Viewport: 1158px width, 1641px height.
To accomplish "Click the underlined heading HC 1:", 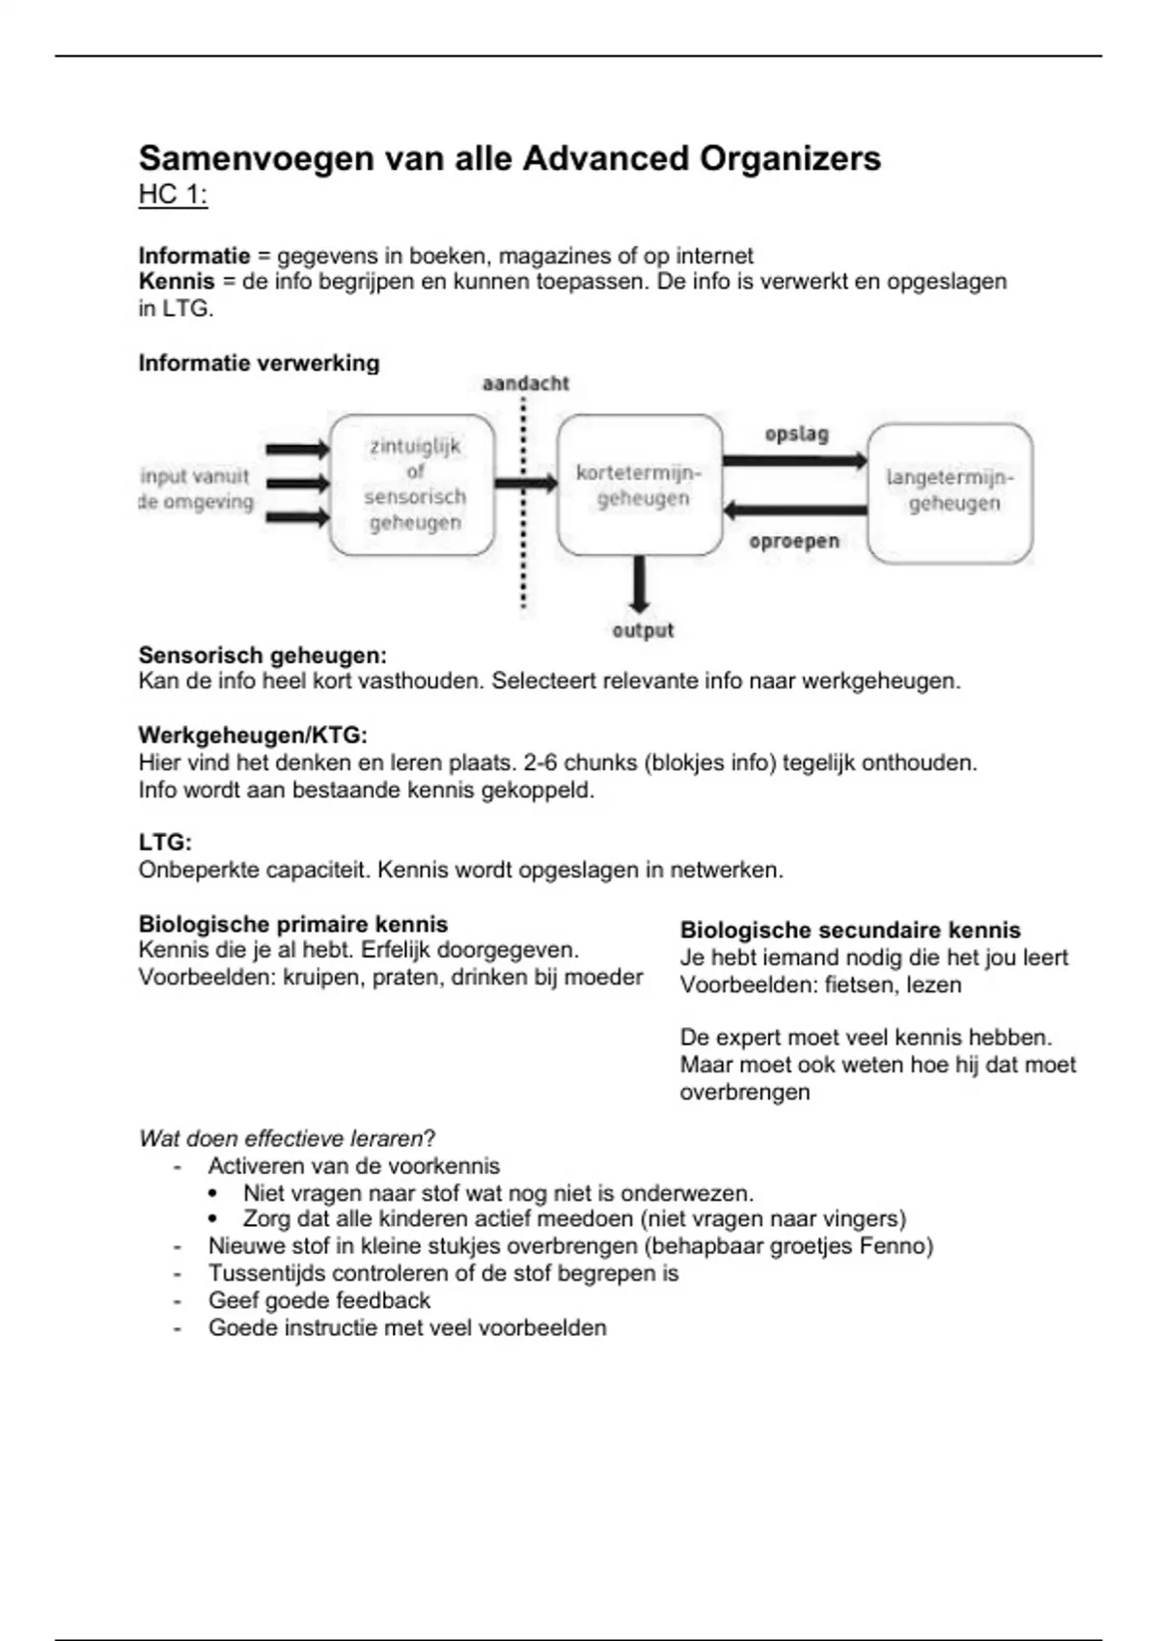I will click(x=173, y=195).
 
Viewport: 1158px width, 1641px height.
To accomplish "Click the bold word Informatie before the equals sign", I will click(x=194, y=256).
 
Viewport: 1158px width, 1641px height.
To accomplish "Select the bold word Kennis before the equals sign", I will click(x=177, y=282).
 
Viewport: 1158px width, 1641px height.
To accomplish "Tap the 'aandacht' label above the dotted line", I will click(x=526, y=383).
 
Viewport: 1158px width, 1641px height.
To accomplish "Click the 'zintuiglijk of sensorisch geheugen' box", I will click(x=414, y=485).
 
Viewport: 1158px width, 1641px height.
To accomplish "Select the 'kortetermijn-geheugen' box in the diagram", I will click(x=639, y=485).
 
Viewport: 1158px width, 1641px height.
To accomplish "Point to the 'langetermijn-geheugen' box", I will click(x=951, y=491).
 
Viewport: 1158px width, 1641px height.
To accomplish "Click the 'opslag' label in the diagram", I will click(x=796, y=434).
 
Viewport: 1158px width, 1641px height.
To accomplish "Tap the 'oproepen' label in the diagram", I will click(x=794, y=542).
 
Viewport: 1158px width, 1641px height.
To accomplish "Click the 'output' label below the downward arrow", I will click(x=643, y=630).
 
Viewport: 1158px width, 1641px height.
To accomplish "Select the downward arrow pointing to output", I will click(x=639, y=585).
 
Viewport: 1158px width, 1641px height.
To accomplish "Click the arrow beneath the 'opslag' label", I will click(x=794, y=460).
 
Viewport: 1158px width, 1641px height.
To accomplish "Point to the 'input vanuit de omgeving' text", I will click(x=196, y=488).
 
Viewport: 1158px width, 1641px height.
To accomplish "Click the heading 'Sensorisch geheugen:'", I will click(x=262, y=655).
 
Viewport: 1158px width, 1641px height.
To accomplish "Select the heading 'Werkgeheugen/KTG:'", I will click(x=253, y=736).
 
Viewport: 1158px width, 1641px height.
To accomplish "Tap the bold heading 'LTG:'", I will click(x=165, y=843).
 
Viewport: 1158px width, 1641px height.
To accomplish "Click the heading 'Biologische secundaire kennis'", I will click(x=850, y=931).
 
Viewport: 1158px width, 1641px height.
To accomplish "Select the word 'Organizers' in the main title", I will click(x=789, y=158).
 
